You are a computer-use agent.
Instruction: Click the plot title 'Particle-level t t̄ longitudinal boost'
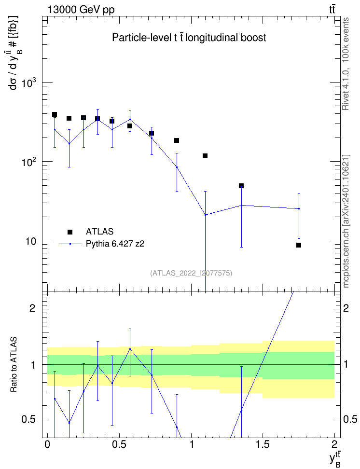tap(189, 38)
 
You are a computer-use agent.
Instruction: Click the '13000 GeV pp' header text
tap(81, 10)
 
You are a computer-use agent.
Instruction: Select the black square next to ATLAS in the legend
tap(70, 232)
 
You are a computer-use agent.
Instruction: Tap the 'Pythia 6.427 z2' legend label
tap(115, 244)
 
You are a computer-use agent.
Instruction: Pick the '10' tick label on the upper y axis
tap(30, 242)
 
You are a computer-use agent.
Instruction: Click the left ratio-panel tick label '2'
tap(33, 308)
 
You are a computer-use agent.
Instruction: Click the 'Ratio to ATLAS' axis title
tap(14, 364)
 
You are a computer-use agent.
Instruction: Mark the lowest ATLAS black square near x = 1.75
tap(299, 245)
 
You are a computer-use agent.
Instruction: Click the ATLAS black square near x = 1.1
tap(205, 156)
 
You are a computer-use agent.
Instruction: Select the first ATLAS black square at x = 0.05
tap(55, 114)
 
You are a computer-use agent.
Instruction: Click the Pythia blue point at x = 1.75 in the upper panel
tap(299, 208)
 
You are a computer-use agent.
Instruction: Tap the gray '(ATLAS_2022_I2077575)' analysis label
tap(191, 273)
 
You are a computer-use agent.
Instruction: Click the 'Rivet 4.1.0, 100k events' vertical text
tap(346, 64)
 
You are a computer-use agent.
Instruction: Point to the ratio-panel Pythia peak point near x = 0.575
tap(130, 349)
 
